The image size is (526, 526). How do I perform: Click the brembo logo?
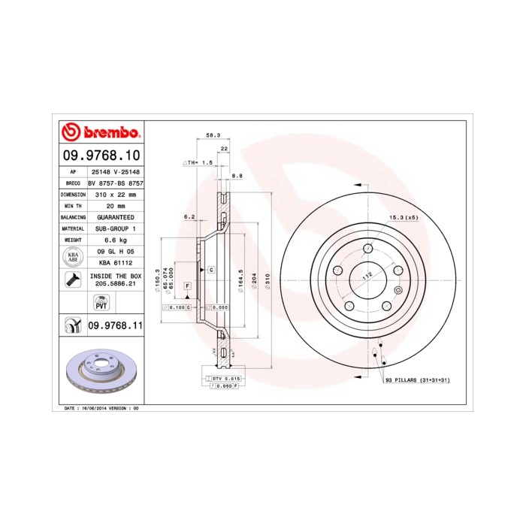(x=100, y=134)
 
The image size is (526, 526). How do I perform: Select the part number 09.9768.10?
(x=100, y=156)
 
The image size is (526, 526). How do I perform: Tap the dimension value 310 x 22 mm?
(x=115, y=194)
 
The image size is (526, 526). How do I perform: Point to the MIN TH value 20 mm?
(x=115, y=205)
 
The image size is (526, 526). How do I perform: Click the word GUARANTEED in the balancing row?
(x=115, y=216)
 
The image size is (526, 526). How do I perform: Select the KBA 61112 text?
(x=115, y=263)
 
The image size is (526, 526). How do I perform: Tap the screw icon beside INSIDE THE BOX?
(x=72, y=280)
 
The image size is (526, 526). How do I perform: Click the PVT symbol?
(x=100, y=303)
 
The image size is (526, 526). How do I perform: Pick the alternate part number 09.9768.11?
(x=115, y=325)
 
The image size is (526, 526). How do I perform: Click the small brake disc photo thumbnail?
(x=100, y=373)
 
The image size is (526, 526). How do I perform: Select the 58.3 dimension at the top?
(x=213, y=135)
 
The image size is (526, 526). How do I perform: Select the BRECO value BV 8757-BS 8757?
(x=115, y=183)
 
